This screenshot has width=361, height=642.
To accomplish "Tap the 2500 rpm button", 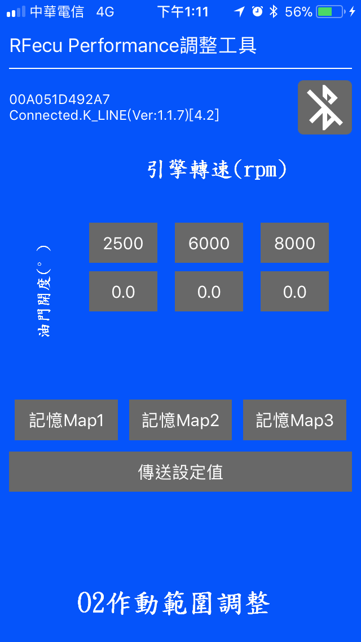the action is click(x=123, y=243).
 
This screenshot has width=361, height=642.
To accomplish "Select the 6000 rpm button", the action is click(x=209, y=243).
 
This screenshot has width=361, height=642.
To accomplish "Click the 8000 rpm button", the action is click(x=295, y=243).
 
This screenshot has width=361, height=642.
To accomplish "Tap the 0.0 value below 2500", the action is click(x=123, y=292).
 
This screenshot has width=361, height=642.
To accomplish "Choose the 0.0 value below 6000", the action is click(x=209, y=292).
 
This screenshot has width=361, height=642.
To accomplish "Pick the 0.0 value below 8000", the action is click(x=295, y=292).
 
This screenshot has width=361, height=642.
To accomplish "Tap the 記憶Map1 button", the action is click(x=66, y=420).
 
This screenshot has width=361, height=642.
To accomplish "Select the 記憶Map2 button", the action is click(x=180, y=420).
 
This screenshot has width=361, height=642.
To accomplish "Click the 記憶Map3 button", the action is click(x=295, y=420).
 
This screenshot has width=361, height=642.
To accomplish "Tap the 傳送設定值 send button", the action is click(x=180, y=472).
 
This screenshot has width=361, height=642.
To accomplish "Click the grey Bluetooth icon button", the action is click(x=325, y=107).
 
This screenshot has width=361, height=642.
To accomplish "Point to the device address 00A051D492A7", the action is click(x=60, y=99).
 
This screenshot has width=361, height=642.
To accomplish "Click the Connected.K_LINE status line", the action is click(x=114, y=115).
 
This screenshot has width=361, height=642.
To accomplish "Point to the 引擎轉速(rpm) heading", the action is click(x=217, y=170).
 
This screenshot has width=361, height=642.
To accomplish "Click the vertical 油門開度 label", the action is click(x=44, y=291).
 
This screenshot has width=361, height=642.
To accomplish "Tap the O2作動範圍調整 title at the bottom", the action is click(x=174, y=603).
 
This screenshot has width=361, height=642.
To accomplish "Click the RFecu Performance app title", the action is click(x=133, y=46).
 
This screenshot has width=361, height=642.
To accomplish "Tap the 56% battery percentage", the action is click(x=298, y=12).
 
